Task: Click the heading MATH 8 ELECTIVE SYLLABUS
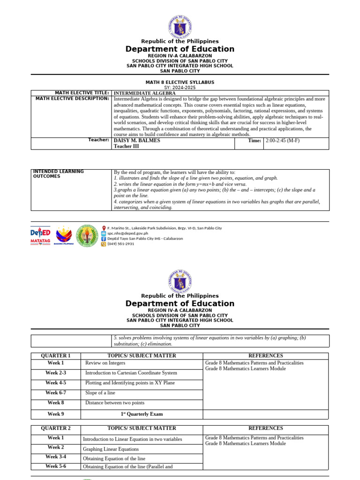(180, 82)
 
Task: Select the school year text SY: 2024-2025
(180, 88)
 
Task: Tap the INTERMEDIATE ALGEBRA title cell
(144, 93)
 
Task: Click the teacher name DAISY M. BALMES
(137, 140)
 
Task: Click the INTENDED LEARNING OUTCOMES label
(58, 174)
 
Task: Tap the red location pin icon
(104, 228)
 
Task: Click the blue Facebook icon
(104, 239)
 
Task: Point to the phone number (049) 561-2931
(121, 244)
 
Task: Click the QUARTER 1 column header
(56, 356)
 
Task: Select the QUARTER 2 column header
(56, 428)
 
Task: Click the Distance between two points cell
(115, 403)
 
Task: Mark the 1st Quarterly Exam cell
(142, 414)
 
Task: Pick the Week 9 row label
(56, 414)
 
